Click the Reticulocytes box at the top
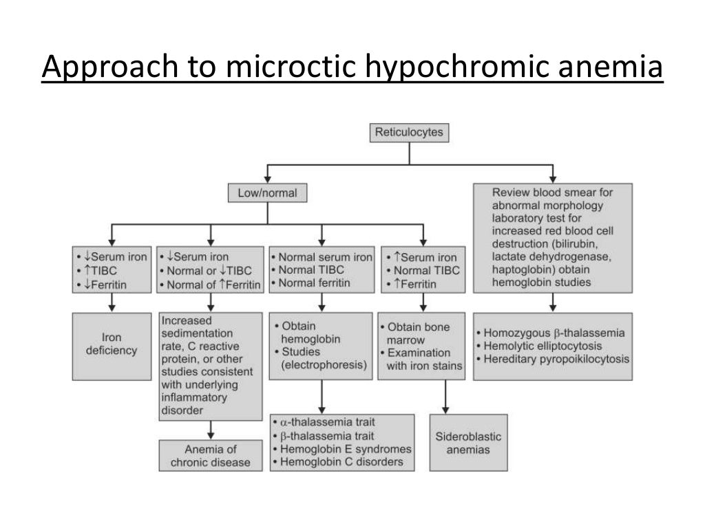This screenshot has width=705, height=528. [x=409, y=132]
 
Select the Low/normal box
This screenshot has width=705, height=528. [x=267, y=193]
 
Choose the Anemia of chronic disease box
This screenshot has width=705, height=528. [x=211, y=456]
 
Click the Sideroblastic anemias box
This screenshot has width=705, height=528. [x=468, y=443]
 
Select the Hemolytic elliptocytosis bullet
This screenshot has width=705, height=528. [x=543, y=346]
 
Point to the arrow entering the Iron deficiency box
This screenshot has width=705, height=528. [x=112, y=306]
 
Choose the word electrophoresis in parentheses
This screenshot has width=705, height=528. [x=324, y=365]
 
